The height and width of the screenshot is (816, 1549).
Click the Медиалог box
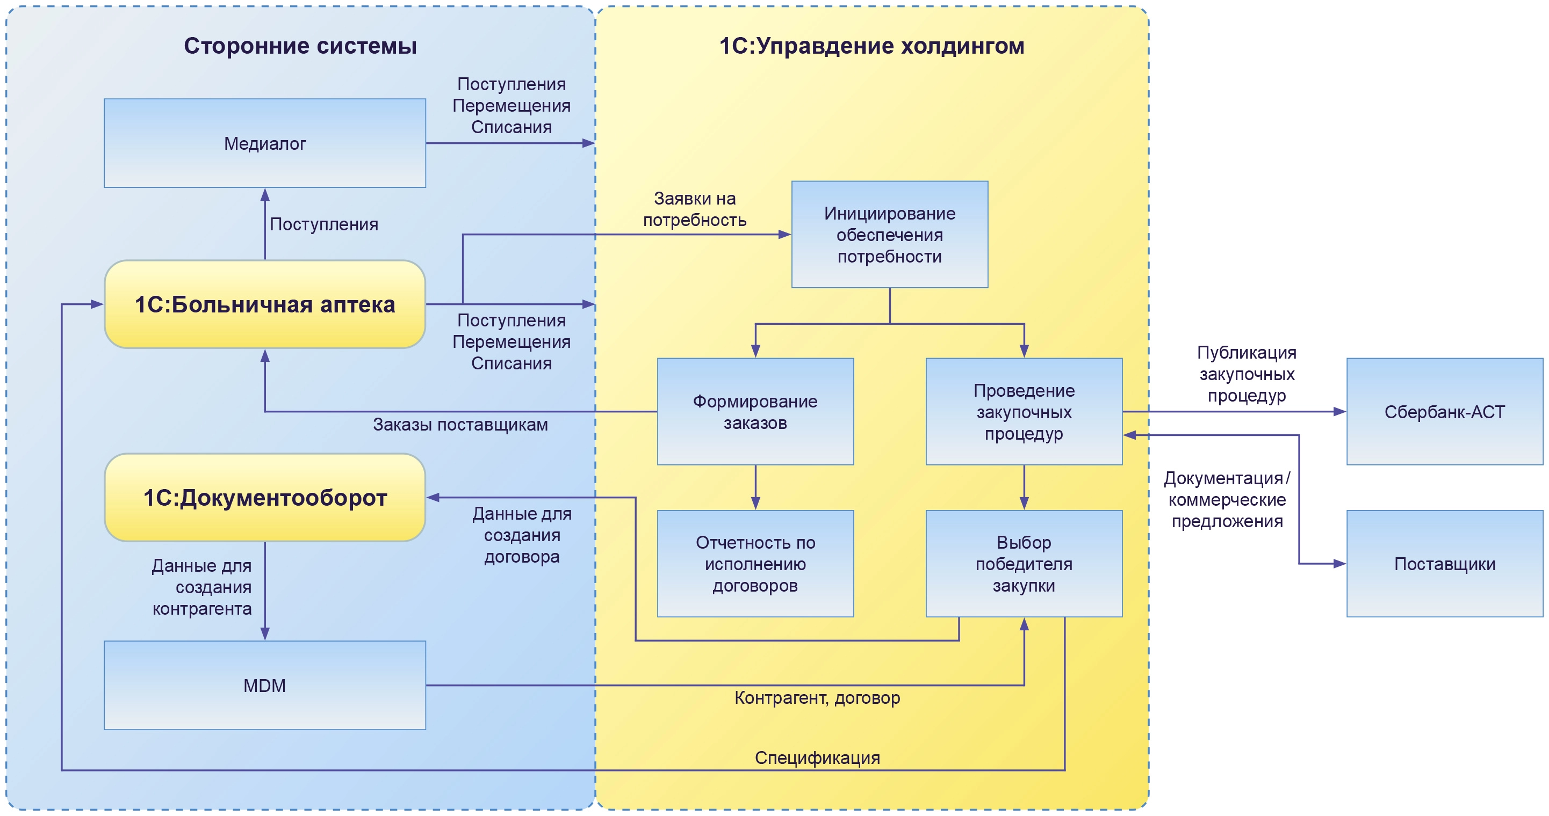(264, 143)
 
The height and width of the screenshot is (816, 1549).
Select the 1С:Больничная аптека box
(264, 304)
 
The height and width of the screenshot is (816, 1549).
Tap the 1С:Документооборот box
(264, 498)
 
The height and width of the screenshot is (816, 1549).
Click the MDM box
(264, 685)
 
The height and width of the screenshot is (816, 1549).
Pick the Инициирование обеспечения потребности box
(889, 235)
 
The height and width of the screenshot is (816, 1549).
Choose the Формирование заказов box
(755, 412)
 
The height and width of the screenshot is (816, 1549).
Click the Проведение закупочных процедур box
(1024, 412)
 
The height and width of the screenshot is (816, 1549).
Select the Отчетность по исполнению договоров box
(755, 564)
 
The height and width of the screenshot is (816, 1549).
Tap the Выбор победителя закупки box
(1024, 564)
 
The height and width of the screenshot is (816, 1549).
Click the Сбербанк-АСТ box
(1444, 412)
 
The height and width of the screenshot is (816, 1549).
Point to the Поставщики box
(1444, 564)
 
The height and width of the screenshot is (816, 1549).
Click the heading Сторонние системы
(300, 46)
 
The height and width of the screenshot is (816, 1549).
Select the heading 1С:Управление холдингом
(871, 46)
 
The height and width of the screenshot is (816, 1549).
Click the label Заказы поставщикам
(460, 425)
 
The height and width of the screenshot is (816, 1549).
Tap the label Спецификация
(817, 757)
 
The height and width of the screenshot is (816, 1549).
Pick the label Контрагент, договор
(817, 697)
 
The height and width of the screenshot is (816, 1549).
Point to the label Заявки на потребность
(695, 209)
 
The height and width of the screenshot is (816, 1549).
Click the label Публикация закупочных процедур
(1247, 374)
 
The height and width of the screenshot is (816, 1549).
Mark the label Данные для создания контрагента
(202, 587)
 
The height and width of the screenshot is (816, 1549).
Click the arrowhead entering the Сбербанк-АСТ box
(1340, 412)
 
